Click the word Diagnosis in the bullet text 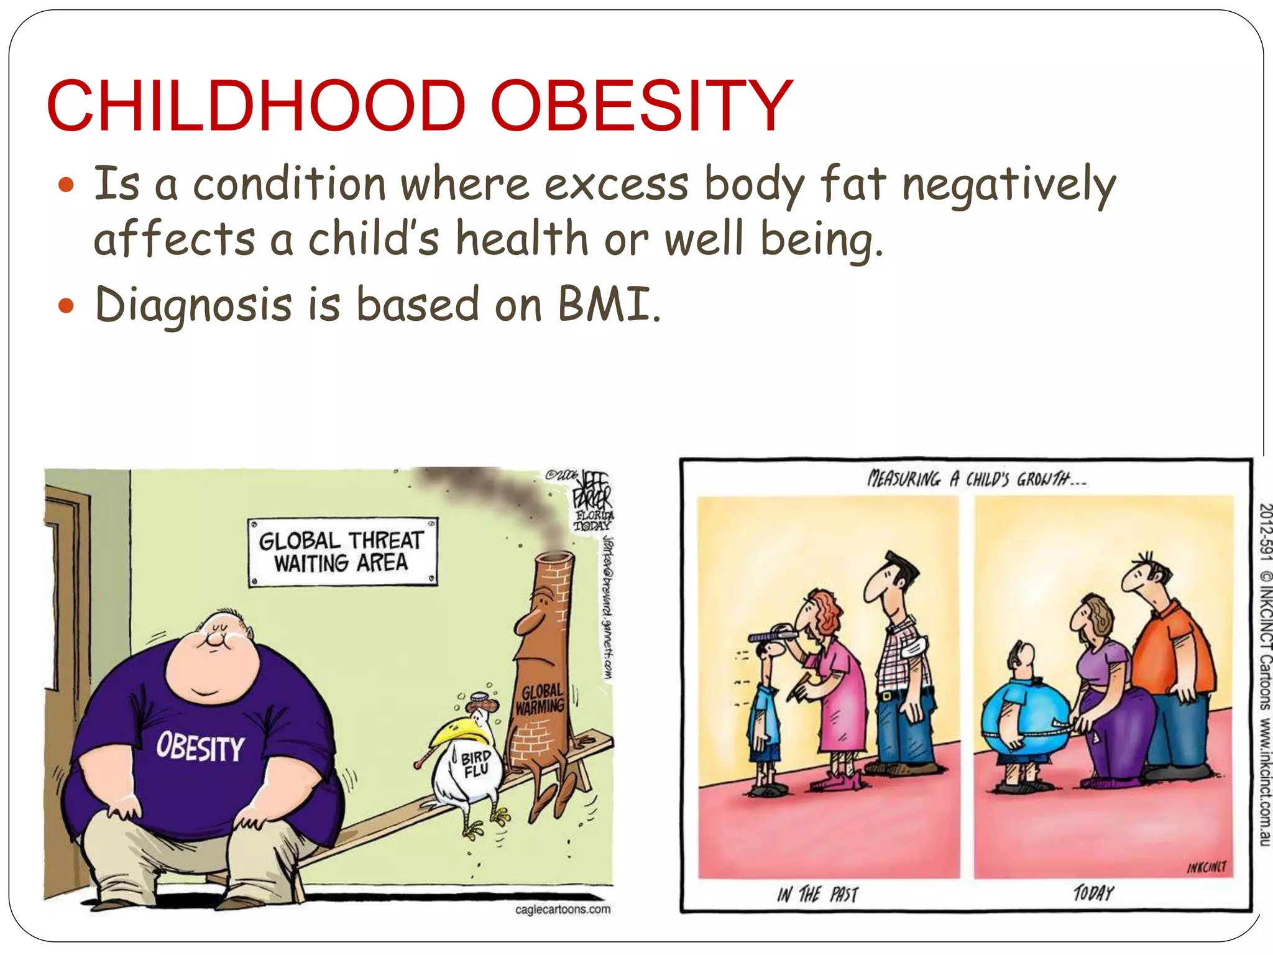click(x=193, y=305)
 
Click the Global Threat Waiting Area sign click(x=342, y=551)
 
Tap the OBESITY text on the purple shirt click(x=200, y=747)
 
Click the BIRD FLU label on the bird click(x=476, y=764)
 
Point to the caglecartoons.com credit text click(x=563, y=910)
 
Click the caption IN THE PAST click(x=817, y=895)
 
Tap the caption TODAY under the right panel click(x=1093, y=893)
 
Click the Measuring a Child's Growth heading click(x=976, y=479)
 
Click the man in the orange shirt click(x=1169, y=665)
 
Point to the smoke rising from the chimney click(x=497, y=497)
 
